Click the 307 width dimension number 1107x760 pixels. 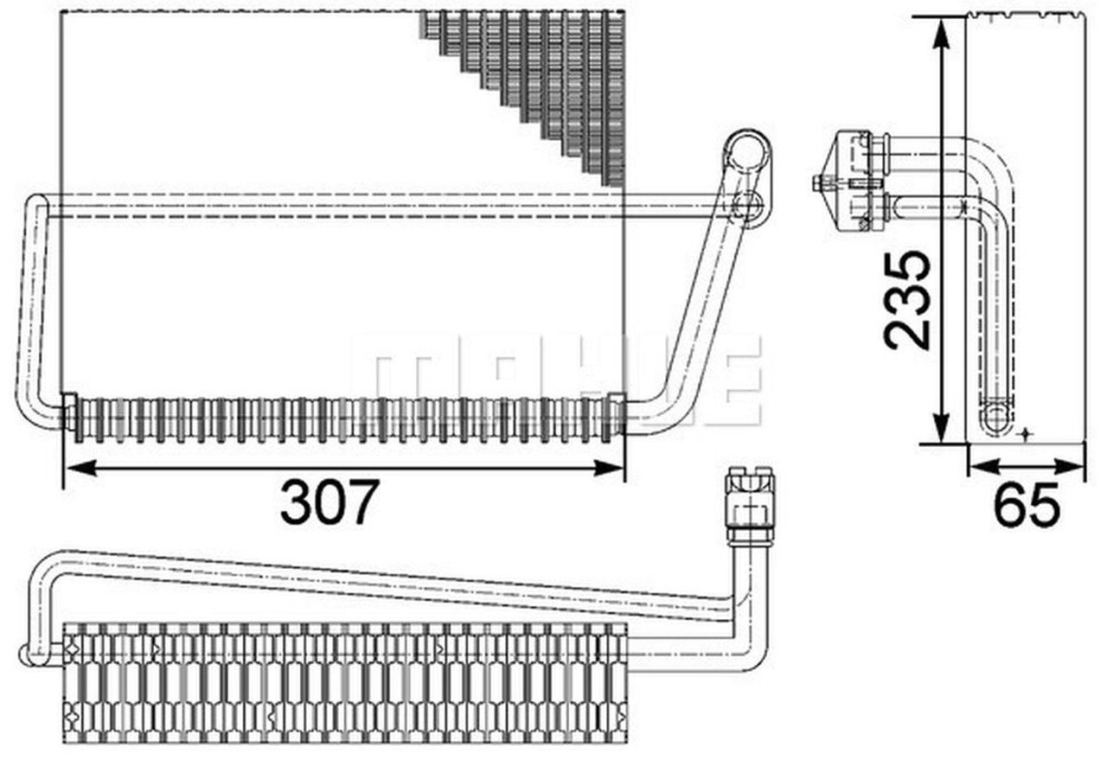point(329,501)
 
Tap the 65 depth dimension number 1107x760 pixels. point(1026,506)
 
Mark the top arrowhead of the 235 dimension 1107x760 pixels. point(940,24)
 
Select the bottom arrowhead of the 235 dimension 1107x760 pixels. point(940,436)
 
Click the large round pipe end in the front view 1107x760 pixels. point(746,154)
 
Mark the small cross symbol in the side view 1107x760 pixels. point(1026,432)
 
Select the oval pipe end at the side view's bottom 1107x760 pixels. point(997,416)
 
